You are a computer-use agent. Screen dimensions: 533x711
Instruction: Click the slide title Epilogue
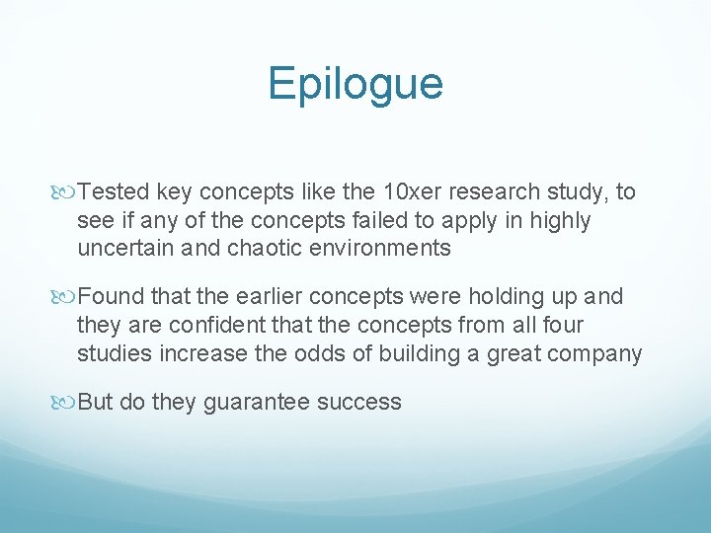pyautogui.click(x=355, y=84)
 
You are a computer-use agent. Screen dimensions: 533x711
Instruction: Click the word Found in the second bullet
pyautogui.click(x=109, y=297)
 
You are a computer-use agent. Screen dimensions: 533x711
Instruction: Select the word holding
pyautogui.click(x=500, y=297)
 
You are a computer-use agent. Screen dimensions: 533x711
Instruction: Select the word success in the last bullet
pyautogui.click(x=366, y=402)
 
